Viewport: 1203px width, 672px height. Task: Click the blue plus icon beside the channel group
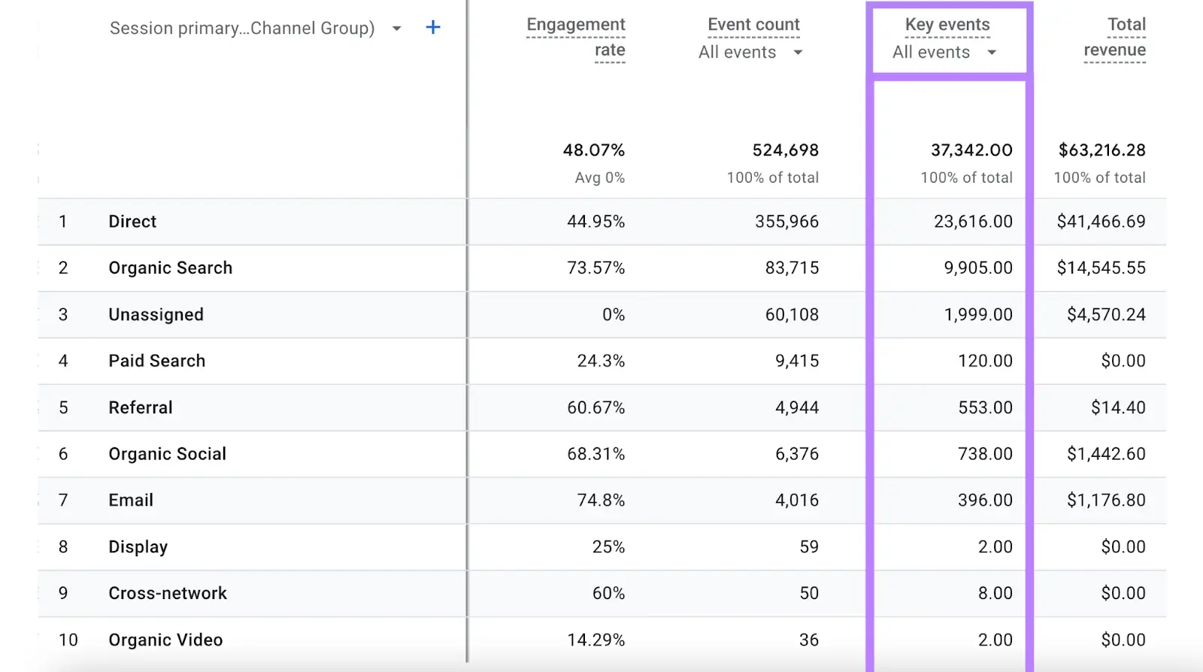point(433,28)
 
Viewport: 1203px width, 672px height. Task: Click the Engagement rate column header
point(576,37)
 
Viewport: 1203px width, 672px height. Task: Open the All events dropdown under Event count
point(750,53)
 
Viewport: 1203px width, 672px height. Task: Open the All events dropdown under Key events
point(944,53)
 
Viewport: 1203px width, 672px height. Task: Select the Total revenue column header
point(1115,37)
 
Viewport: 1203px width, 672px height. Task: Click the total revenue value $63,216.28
point(1101,150)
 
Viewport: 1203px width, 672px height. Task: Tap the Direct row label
point(132,222)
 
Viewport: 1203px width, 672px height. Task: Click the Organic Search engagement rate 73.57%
point(595,268)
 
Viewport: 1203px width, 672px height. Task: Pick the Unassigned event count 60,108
point(792,315)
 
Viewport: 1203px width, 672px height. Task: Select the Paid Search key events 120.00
point(985,362)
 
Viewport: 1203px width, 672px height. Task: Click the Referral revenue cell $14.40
point(1118,408)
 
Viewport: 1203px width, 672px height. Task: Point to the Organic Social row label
point(167,454)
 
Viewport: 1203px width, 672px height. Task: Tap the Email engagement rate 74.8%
point(601,501)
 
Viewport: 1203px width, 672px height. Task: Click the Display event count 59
point(809,547)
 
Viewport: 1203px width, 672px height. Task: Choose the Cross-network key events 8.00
point(995,594)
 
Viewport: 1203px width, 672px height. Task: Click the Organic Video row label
point(165,640)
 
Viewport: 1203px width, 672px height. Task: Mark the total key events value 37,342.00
point(971,150)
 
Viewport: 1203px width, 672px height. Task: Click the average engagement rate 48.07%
point(593,150)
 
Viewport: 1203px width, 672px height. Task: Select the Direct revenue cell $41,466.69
point(1101,222)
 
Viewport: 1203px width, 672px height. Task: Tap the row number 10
point(68,640)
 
